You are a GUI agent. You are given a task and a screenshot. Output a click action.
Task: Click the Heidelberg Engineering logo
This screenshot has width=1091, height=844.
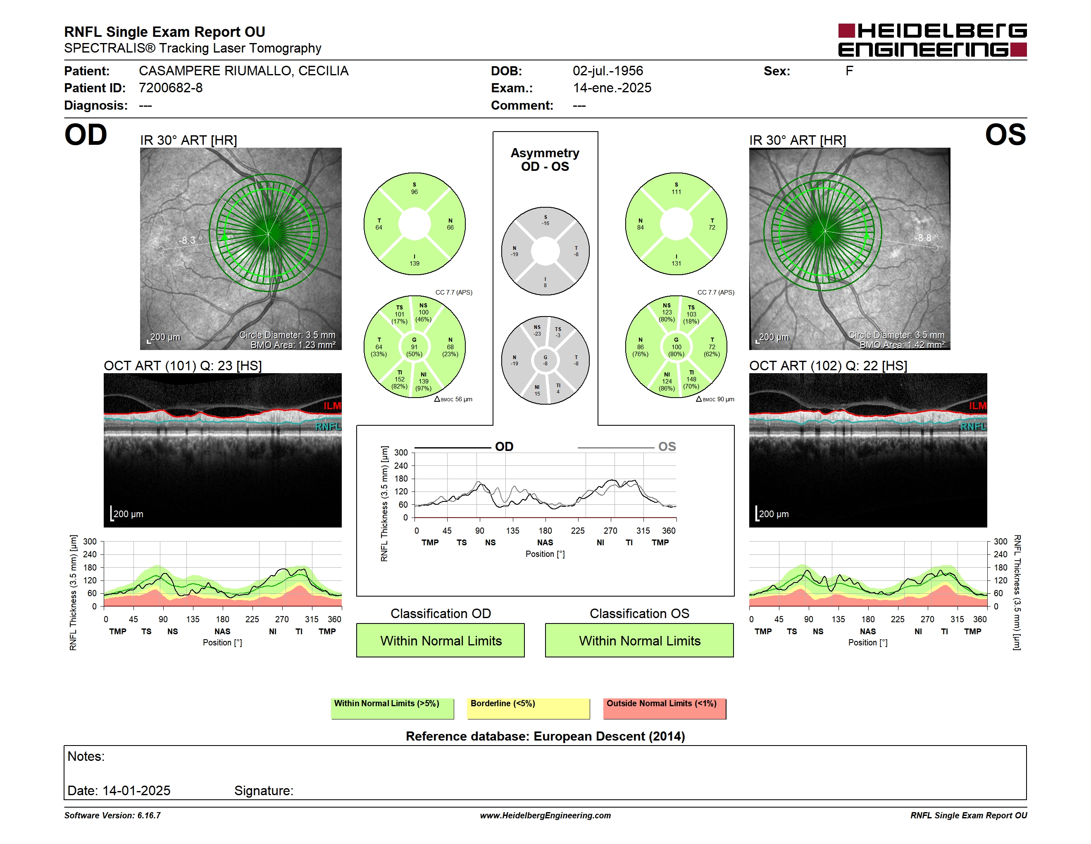coord(932,40)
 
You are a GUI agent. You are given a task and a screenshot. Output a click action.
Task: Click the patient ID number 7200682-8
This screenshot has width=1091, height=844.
coord(171,88)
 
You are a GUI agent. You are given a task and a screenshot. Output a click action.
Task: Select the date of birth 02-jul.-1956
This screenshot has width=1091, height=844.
coord(608,71)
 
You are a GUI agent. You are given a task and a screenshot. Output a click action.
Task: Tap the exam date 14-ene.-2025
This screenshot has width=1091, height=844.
coord(612,88)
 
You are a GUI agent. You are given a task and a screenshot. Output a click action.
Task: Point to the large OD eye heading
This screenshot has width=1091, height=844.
coord(86,135)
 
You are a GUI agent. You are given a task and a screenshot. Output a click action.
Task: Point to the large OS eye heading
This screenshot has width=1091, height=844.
coord(1005,135)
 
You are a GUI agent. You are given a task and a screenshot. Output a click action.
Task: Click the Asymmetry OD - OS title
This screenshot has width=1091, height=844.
coord(545,160)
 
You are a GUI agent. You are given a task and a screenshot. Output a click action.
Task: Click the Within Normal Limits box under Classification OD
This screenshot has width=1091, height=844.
coord(441,640)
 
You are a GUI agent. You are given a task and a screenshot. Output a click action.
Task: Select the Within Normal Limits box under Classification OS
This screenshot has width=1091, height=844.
coord(639,640)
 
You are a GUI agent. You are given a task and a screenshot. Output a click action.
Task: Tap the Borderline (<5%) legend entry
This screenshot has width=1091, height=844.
coord(529,708)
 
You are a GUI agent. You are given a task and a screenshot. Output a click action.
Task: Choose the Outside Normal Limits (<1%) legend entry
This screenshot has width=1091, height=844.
coord(665,708)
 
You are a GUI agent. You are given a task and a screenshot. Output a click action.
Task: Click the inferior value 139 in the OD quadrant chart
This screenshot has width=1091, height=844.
coord(414,264)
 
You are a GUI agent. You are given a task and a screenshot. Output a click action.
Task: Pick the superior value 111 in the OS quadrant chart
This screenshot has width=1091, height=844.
coord(677,192)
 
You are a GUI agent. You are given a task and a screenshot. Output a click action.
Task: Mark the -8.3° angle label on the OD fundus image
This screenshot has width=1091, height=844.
coord(191,240)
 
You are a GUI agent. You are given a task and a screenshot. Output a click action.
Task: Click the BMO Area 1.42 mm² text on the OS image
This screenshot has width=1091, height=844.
coord(902,345)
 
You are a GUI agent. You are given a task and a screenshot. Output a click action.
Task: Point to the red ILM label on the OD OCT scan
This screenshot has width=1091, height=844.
coord(332,406)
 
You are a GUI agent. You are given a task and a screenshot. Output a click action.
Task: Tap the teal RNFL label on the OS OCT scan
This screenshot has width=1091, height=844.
coord(974,427)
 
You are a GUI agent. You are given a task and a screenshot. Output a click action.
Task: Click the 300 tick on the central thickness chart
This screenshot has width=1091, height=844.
coord(401,453)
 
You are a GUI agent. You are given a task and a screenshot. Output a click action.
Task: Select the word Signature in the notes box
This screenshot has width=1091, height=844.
coord(263,791)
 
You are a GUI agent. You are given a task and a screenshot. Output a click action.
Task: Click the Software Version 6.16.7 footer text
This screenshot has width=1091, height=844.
coord(112,815)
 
